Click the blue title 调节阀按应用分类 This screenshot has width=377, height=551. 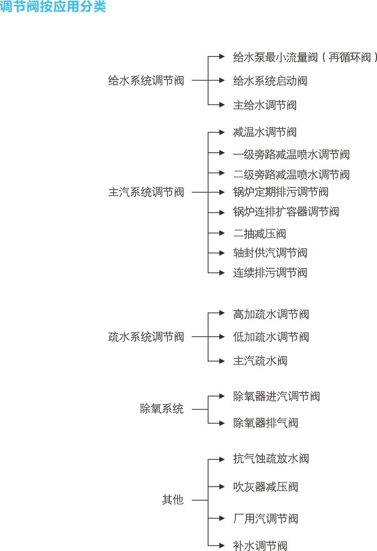(x=53, y=6)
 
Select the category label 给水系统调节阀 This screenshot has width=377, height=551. (x=146, y=81)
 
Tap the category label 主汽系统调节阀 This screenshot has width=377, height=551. (x=146, y=192)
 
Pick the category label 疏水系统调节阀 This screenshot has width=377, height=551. (x=146, y=337)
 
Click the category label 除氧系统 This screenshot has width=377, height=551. (x=162, y=409)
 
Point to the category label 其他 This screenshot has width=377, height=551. (x=172, y=500)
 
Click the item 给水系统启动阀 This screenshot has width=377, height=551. (x=270, y=81)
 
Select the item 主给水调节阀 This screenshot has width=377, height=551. (x=265, y=105)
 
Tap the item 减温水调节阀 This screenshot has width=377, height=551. (x=265, y=132)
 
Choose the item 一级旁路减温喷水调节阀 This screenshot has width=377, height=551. (x=292, y=154)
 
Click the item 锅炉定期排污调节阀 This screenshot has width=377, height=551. (x=281, y=192)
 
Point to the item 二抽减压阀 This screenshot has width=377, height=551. (x=259, y=234)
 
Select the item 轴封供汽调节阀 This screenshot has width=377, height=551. (x=270, y=253)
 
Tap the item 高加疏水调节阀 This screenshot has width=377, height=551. (x=271, y=314)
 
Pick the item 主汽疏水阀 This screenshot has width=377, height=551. (x=260, y=361)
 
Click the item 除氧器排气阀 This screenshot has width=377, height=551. (x=266, y=423)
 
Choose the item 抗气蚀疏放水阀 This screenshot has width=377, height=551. (x=271, y=459)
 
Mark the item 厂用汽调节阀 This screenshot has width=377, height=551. (x=266, y=519)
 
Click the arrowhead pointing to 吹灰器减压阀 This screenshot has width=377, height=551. (x=222, y=487)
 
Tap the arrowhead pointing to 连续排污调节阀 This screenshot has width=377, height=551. (x=222, y=273)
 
